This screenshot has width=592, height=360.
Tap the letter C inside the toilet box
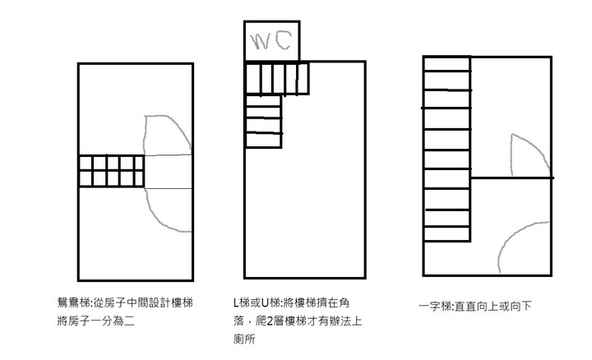[284, 41]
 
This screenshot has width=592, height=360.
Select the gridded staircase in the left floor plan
[111, 171]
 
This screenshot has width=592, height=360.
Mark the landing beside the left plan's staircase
[168, 171]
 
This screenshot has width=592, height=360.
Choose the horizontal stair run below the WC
[278, 78]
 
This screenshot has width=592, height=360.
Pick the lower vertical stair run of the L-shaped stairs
[264, 121]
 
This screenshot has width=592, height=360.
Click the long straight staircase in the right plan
[447, 149]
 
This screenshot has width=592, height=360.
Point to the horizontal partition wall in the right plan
[512, 178]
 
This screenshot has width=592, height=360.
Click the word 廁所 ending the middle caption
[244, 339]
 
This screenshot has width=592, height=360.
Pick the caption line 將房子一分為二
[96, 321]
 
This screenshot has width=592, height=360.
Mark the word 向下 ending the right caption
[521, 306]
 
